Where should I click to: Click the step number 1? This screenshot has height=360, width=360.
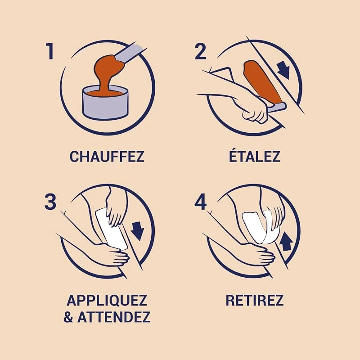tap(50, 51)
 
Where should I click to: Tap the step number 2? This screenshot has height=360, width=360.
tap(200, 51)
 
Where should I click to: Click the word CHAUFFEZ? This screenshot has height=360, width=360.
tap(107, 156)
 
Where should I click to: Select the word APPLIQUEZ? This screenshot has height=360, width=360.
tap(107, 300)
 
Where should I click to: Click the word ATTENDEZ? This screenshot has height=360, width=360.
tap(114, 317)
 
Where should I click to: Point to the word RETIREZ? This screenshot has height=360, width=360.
tap(254, 300)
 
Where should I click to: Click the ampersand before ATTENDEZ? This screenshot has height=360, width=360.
tap(68, 317)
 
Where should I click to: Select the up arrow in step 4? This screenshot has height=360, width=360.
tap(287, 242)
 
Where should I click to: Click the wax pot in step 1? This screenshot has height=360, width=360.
tap(105, 102)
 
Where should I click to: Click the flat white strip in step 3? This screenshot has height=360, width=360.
tap(111, 229)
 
